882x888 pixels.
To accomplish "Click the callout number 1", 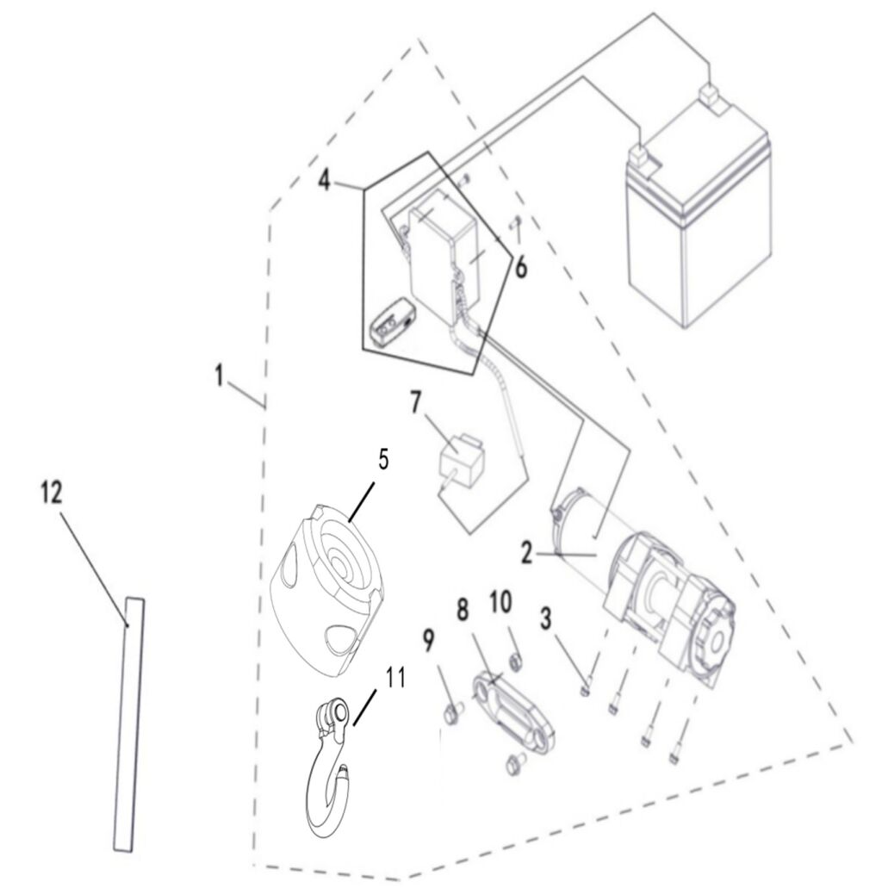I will point(220,376).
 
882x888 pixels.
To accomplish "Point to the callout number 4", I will point(324,180).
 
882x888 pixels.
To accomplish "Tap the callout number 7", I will point(416,401).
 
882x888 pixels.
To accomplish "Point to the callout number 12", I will point(51,493).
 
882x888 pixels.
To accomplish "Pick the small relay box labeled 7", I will point(459,461).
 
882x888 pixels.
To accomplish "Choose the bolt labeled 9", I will point(453,712).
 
